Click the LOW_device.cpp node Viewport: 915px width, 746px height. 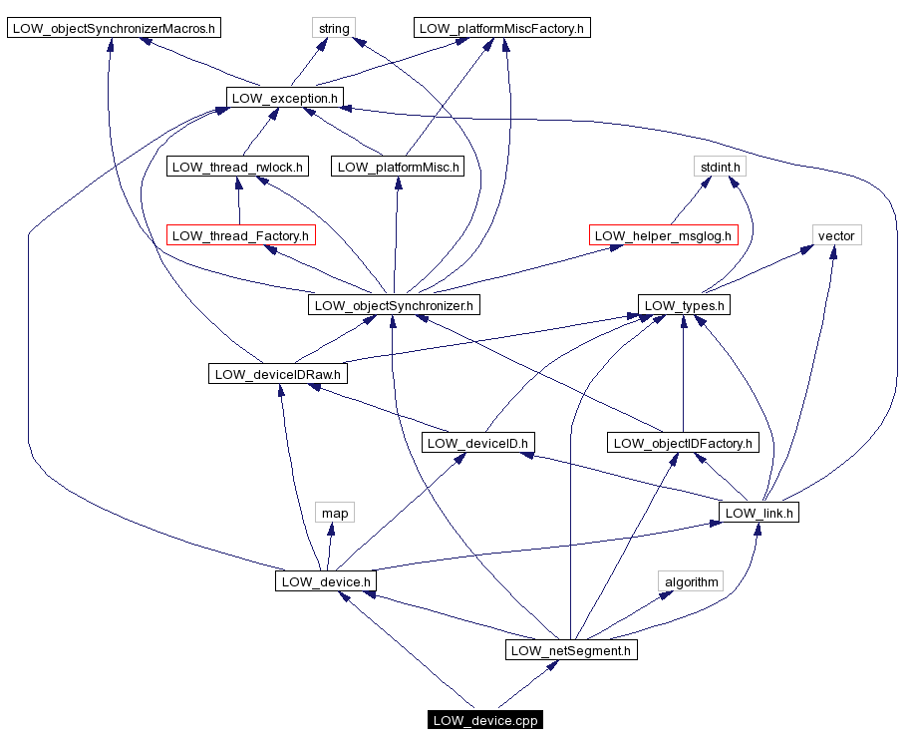[x=485, y=720]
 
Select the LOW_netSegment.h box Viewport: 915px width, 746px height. [x=571, y=650]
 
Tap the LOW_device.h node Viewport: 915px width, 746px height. [x=326, y=580]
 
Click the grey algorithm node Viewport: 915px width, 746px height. [x=691, y=580]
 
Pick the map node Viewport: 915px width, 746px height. [x=335, y=513]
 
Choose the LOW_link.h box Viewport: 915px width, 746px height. [x=760, y=513]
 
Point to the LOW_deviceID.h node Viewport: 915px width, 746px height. [x=479, y=442]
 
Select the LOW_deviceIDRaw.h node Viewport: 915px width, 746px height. [x=278, y=374]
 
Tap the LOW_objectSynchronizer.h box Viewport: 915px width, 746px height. [x=394, y=305]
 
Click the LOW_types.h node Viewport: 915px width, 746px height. [x=684, y=305]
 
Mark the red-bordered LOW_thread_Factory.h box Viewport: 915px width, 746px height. [x=240, y=235]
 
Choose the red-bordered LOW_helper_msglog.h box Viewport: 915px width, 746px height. [x=664, y=235]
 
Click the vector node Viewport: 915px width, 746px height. [x=835, y=235]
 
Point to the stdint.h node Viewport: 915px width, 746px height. [x=720, y=167]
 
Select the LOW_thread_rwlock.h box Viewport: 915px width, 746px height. [x=237, y=167]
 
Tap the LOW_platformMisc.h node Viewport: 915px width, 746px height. [x=398, y=167]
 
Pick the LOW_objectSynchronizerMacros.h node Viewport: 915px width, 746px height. [x=114, y=28]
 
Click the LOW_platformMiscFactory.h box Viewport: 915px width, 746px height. [x=502, y=28]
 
